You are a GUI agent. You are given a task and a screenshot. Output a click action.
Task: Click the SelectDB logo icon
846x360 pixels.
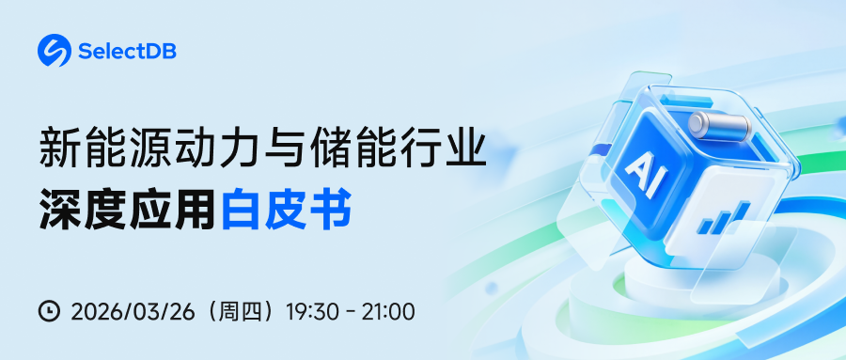pos(55,51)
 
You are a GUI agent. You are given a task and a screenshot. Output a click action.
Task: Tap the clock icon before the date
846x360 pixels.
pos(49,310)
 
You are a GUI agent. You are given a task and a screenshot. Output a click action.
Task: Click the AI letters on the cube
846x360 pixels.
pos(646,172)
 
